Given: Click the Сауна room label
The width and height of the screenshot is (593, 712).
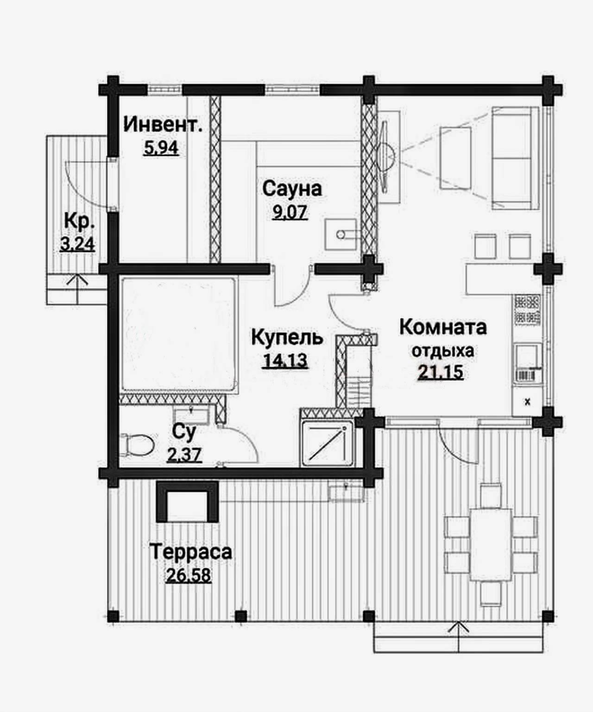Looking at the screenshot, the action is [292, 189].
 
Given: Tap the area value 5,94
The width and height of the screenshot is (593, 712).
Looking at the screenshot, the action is [161, 148].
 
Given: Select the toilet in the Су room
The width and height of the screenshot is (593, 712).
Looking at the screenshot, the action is [138, 445].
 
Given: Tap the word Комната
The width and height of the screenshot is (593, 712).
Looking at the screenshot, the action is [443, 328].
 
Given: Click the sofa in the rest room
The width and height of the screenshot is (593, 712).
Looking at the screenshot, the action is [515, 158].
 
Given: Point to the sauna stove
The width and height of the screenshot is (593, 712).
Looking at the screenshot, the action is [341, 234].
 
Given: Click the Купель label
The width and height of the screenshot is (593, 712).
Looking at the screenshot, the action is [287, 338].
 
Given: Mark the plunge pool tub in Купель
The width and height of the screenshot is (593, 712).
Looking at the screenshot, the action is [178, 336].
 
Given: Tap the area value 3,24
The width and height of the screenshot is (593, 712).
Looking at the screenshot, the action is [77, 244].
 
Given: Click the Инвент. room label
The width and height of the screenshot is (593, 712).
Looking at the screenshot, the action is [163, 124].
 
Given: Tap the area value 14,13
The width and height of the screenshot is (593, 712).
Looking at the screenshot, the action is [285, 361].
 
